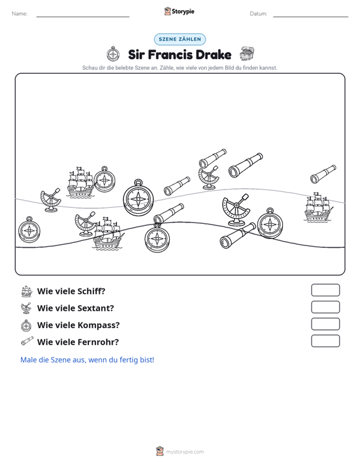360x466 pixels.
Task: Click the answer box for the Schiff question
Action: pyautogui.click(x=325, y=290)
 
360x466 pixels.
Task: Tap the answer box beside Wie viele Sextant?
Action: pyautogui.click(x=325, y=307)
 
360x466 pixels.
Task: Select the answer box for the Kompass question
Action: pyautogui.click(x=325, y=324)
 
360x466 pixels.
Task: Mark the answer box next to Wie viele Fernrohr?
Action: pyautogui.click(x=325, y=341)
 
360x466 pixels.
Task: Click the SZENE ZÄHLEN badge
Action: pyautogui.click(x=180, y=39)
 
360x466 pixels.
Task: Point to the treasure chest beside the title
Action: pyautogui.click(x=247, y=54)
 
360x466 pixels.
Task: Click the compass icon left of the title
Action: pyautogui.click(x=113, y=54)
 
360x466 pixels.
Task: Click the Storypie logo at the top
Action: pyautogui.click(x=179, y=11)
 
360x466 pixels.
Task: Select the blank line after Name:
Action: pyautogui.click(x=83, y=17)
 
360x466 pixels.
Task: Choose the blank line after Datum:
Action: pyautogui.click(x=310, y=17)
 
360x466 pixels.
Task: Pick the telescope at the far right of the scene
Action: pyautogui.click(x=323, y=174)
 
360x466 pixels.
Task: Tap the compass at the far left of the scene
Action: pyautogui.click(x=29, y=230)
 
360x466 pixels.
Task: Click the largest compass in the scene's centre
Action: pyautogui.click(x=139, y=197)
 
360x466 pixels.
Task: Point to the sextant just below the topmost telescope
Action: pyautogui.click(x=209, y=178)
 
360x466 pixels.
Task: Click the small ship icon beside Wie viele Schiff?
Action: pyautogui.click(x=27, y=291)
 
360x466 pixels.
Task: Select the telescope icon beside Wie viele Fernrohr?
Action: pyautogui.click(x=27, y=341)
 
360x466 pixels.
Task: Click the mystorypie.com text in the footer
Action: pyautogui.click(x=185, y=452)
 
